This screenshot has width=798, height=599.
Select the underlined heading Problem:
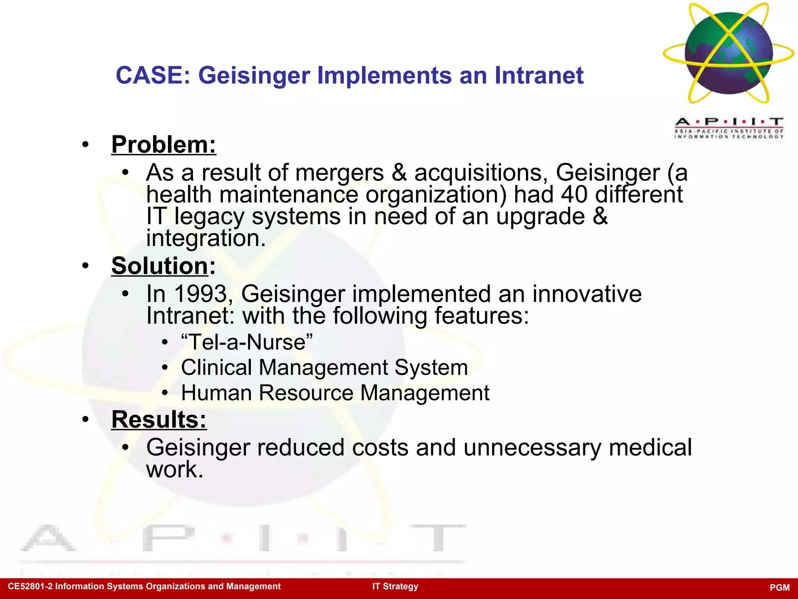pos(164,145)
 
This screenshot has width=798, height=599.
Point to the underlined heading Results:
pos(159,420)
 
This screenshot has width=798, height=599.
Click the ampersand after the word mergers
pos(399,172)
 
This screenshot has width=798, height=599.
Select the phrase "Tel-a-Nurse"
pos(247,342)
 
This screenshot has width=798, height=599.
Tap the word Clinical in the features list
pos(216,367)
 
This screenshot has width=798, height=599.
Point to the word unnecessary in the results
pos(532,447)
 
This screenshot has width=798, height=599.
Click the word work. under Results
pos(175,470)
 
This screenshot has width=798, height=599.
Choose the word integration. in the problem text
pos(206,238)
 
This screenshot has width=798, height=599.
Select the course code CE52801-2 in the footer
pos(30,587)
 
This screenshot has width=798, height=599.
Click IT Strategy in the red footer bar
pos(395,587)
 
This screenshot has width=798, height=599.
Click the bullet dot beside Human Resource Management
pos(165,393)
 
